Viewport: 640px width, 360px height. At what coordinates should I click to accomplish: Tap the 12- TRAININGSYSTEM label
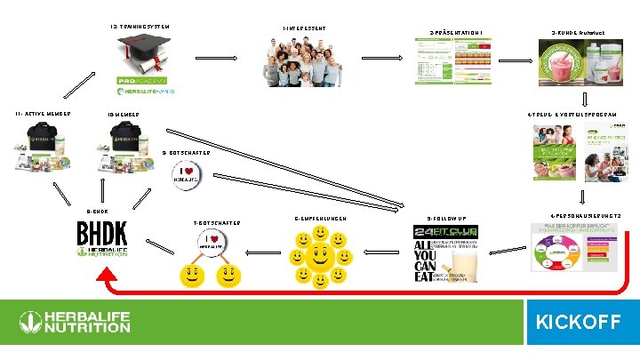pyautogui.click(x=139, y=26)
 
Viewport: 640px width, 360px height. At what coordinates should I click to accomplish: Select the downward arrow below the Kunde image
pyautogui.click(x=584, y=99)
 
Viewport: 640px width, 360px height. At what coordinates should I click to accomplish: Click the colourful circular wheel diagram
pyautogui.click(x=553, y=254)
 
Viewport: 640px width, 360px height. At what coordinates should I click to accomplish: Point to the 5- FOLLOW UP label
pyautogui.click(x=445, y=218)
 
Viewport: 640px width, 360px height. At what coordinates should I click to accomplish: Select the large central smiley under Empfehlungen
pyautogui.click(x=322, y=255)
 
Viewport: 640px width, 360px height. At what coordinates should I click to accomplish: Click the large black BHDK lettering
pyautogui.click(x=102, y=234)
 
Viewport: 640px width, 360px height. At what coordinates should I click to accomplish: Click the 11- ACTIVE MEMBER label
pyautogui.click(x=44, y=113)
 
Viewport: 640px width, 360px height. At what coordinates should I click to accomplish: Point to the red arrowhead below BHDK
pyautogui.click(x=104, y=275)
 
